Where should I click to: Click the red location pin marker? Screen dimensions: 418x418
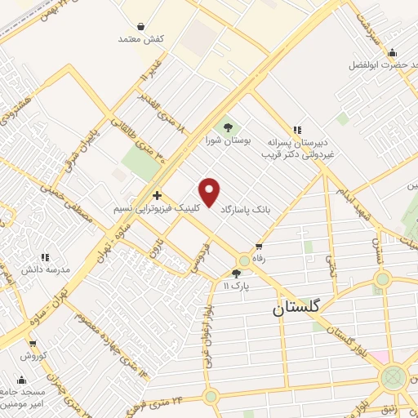211,192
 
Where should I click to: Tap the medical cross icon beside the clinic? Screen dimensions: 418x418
157,194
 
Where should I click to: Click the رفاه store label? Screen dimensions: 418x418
260,259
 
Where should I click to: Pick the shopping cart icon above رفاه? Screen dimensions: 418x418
260,246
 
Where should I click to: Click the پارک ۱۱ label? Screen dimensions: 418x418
237,287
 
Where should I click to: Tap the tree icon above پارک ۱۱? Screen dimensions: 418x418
237,273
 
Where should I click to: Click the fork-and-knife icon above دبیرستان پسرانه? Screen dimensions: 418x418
297,129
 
